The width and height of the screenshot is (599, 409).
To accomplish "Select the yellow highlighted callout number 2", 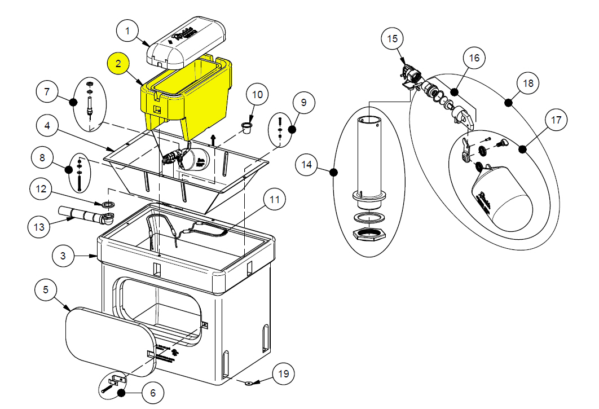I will [118, 64].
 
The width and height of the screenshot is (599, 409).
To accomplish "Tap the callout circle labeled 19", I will [284, 374].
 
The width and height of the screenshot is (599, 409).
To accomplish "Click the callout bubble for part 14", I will [307, 165].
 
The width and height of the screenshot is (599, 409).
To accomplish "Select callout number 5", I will [46, 290].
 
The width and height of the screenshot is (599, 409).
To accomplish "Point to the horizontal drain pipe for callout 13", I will [79, 216].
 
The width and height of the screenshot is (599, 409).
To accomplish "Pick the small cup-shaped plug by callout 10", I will [246, 126].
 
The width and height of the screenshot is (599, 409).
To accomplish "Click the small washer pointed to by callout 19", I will [248, 383].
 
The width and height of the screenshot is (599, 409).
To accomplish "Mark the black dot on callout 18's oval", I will [509, 103].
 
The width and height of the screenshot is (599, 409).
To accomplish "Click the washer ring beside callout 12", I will [109, 204].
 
